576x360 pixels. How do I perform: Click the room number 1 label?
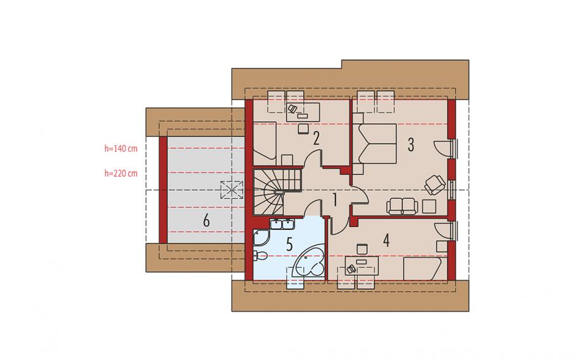click(335, 200)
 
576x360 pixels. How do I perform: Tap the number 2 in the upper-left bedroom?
click(316, 138)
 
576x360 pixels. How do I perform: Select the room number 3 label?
click(411, 145)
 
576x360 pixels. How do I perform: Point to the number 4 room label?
click(385, 240)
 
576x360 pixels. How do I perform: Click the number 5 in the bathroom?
click(289, 244)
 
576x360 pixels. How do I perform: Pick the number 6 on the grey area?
click(206, 221)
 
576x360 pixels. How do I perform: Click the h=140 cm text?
click(121, 148)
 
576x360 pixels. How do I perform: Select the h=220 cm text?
click(121, 173)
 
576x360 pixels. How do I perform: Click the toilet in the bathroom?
click(260, 255)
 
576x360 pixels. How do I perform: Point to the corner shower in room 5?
click(261, 237)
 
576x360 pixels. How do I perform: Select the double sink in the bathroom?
click(281, 224)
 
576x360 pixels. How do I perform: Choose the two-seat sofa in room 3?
click(402, 206)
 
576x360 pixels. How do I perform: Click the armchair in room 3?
click(435, 184)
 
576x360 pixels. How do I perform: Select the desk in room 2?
click(303, 112)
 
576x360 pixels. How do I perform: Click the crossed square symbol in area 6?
click(232, 190)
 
